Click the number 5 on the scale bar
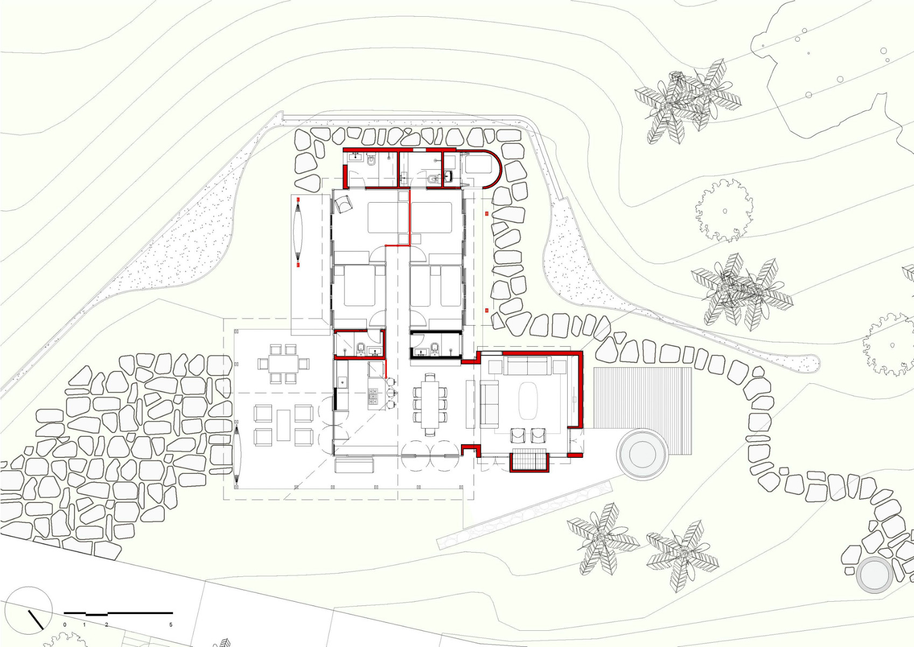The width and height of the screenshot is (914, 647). pyautogui.click(x=171, y=624)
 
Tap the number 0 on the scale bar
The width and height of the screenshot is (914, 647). pyautogui.click(x=65, y=624)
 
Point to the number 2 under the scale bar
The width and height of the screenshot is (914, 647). pyautogui.click(x=107, y=624)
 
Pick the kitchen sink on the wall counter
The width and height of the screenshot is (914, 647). pyautogui.click(x=342, y=383)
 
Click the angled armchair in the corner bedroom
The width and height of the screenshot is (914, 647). pyautogui.click(x=343, y=203)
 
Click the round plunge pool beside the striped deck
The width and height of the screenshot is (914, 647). pyautogui.click(x=642, y=454)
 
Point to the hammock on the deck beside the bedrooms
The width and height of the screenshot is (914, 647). pyautogui.click(x=298, y=231)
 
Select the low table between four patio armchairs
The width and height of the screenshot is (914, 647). pyautogui.click(x=283, y=425)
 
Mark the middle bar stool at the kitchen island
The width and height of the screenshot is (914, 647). pyautogui.click(x=391, y=393)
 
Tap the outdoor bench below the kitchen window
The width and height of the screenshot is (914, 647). pyautogui.click(x=354, y=465)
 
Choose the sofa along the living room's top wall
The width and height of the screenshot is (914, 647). pyautogui.click(x=528, y=366)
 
